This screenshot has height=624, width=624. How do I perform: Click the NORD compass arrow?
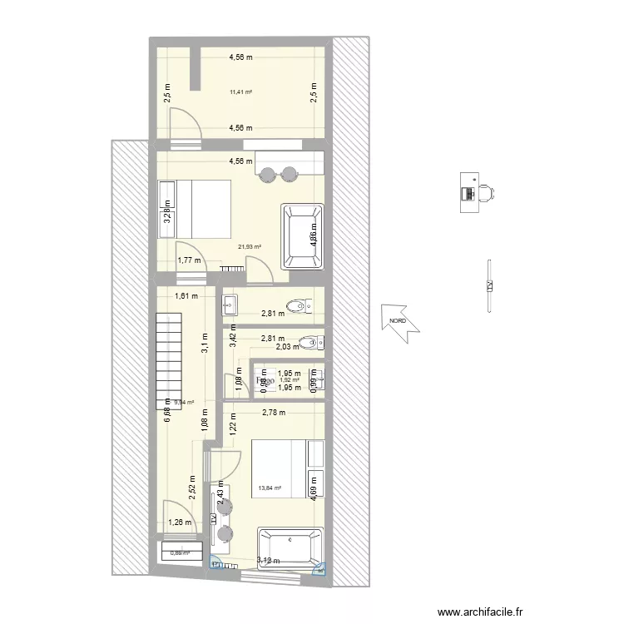tap(399, 321)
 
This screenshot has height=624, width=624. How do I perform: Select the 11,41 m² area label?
tap(241, 92)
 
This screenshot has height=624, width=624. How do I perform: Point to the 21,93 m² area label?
tap(250, 246)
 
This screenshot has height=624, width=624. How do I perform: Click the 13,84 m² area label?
tap(270, 489)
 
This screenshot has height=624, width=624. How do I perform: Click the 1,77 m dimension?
tap(189, 260)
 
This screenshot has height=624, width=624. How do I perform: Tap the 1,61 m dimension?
tap(186, 295)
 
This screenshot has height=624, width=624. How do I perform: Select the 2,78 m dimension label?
tap(273, 412)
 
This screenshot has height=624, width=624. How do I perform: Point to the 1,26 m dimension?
tap(181, 522)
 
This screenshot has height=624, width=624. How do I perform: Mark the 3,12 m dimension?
tap(268, 560)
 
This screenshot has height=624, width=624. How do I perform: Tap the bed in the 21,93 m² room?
tap(199, 208)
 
